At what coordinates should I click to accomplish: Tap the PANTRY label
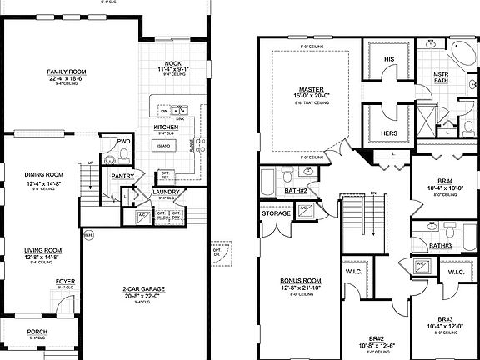123,176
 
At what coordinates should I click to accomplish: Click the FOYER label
65,282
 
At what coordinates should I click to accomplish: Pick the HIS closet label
388,60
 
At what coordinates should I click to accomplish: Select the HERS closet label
387,133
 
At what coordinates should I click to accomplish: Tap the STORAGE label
276,214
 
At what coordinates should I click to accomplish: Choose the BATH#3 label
441,246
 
